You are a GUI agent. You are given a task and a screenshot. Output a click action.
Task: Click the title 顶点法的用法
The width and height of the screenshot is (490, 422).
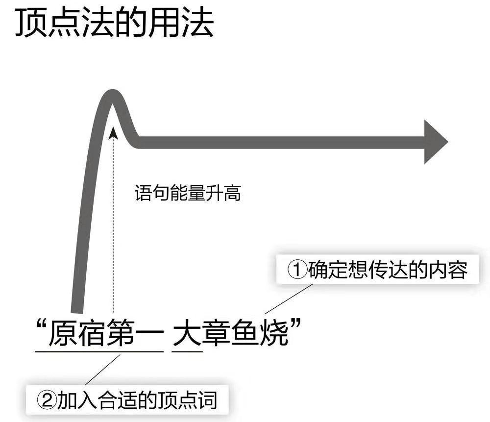(115, 23)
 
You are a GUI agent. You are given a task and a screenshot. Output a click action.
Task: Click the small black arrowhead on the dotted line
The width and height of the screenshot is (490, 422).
(113, 130)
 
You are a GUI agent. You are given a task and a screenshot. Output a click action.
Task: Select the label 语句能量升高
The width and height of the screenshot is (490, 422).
(188, 193)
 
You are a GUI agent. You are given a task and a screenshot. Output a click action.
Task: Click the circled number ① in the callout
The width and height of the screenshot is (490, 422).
(297, 270)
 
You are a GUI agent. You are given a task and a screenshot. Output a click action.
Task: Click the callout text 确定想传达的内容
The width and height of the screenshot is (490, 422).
(387, 270)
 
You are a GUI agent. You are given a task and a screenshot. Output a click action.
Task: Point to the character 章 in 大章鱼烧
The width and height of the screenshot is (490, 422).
(218, 332)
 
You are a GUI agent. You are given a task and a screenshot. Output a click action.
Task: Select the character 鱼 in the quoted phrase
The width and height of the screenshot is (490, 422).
(247, 332)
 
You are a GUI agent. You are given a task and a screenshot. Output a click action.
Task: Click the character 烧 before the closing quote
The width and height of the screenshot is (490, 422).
(277, 332)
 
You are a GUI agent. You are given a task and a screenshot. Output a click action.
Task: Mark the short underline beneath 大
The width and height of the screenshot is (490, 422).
(188, 351)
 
